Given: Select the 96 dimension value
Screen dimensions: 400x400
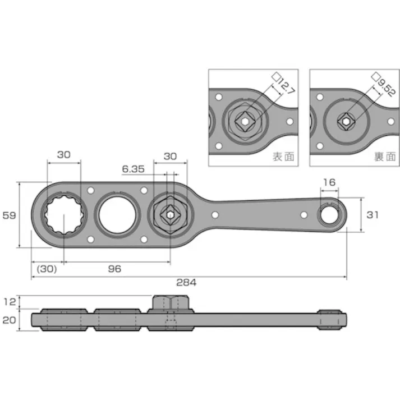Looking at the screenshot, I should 114,269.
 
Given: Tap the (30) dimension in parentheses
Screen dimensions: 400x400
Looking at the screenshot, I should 47,269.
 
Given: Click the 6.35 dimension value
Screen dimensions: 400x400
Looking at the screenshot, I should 132,168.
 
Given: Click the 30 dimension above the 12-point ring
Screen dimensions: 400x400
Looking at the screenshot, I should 64,155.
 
